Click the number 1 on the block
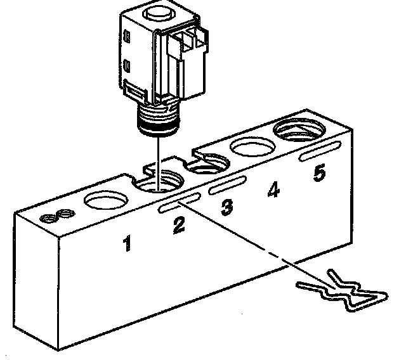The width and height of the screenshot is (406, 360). (x=128, y=243)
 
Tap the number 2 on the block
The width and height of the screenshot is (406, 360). (x=179, y=225)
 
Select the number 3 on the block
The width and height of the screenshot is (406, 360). (x=226, y=208)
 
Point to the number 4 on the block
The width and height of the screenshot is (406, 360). (x=273, y=190)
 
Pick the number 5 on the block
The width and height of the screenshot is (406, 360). (x=320, y=172)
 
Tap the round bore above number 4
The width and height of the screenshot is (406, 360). (x=251, y=148)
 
